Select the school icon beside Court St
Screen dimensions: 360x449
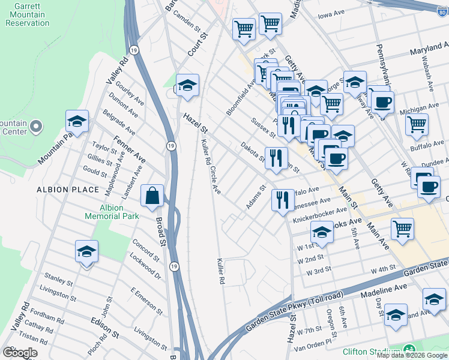187,85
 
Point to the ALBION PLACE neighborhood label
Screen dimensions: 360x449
68,190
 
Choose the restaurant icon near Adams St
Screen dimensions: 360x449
282,200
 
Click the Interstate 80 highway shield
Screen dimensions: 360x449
442,9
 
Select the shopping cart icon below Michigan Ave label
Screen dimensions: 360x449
416,125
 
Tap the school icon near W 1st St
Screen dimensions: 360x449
322,232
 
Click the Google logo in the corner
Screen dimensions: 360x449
20,353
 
